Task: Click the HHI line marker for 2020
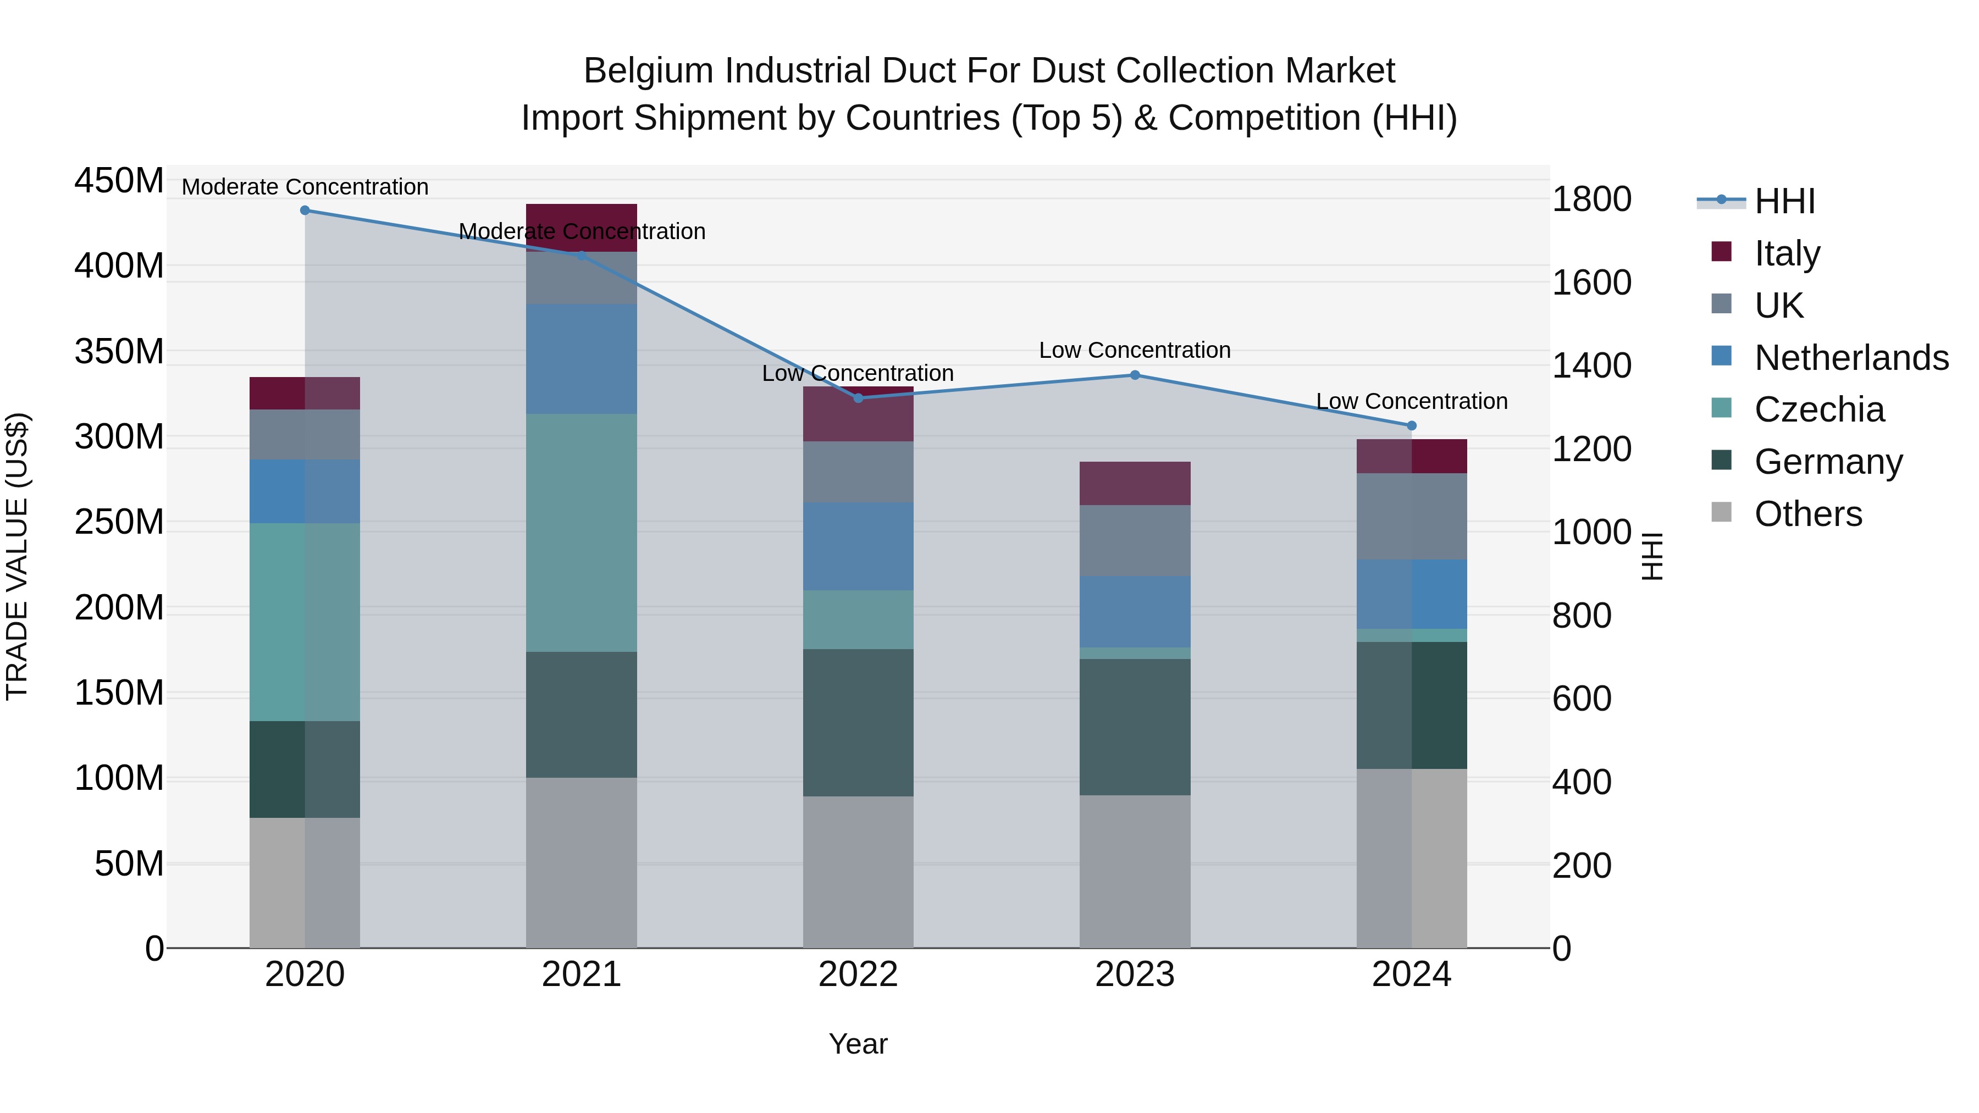coord(305,210)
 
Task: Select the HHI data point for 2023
coord(1135,375)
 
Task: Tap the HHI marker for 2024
coord(1411,425)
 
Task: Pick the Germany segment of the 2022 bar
coord(858,722)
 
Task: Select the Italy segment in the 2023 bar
coord(1135,483)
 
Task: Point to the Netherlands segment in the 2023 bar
coord(1135,611)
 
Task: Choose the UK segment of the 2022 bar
coord(858,472)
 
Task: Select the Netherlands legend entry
coord(1851,357)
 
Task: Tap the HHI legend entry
coord(1784,201)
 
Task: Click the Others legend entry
coord(1807,513)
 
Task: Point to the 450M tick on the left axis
coord(119,181)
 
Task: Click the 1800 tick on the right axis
coord(1591,199)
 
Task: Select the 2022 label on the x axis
coord(858,974)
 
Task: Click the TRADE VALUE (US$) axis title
coord(18,556)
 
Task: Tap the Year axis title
coord(858,1044)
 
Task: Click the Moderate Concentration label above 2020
coord(305,187)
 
